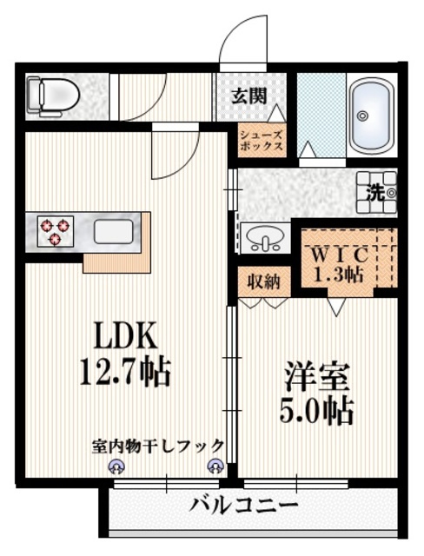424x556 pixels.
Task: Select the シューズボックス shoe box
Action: pos(262,141)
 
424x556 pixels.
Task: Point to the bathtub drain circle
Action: pos(361,116)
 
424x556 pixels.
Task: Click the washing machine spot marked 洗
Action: pos(376,193)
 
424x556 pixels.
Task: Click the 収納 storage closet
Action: pos(264,281)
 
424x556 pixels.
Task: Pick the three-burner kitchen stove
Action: pos(56,231)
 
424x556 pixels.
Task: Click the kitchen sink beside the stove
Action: pos(114,232)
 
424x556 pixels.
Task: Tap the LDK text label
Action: pos(124,335)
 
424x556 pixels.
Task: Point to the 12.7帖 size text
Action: pos(125,372)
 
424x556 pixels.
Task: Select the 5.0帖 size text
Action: pos(317,411)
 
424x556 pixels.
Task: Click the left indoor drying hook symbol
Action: pos(116,467)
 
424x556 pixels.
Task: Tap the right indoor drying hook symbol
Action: pos(215,467)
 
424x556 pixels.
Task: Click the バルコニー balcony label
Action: pos(243,505)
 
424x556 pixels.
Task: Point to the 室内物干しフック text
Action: pos(158,447)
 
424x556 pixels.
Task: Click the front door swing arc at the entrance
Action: pos(237,29)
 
